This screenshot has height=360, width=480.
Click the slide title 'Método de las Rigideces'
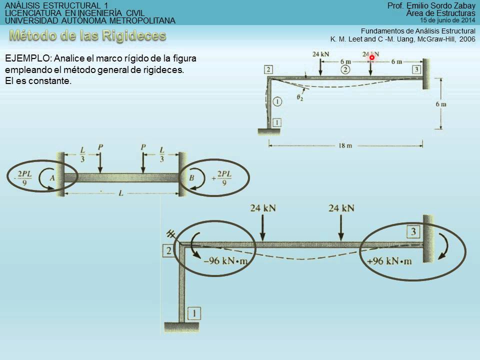(x=87, y=36)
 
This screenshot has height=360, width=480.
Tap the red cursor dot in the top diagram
(x=372, y=57)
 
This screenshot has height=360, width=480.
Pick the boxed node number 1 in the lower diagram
(x=194, y=313)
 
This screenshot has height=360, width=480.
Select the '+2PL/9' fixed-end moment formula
(x=221, y=178)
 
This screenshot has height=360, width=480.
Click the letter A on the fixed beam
(x=52, y=177)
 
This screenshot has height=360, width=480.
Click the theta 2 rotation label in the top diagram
(x=299, y=98)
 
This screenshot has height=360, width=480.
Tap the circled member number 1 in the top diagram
(x=278, y=102)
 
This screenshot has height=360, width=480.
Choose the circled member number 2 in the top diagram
(x=345, y=69)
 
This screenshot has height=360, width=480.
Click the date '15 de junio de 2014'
(x=447, y=20)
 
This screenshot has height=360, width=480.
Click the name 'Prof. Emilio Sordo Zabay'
(x=431, y=5)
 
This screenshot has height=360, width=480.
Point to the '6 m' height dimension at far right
(x=440, y=104)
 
